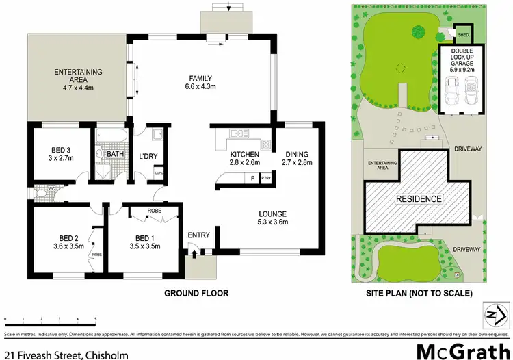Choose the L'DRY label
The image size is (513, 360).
pyautogui.click(x=148, y=157)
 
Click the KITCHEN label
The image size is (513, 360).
pyautogui.click(x=244, y=154)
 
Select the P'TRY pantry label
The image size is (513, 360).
pyautogui.click(x=266, y=179)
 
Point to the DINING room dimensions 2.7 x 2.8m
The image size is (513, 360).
pyautogui.click(x=297, y=163)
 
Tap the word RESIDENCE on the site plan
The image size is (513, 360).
pyautogui.click(x=418, y=199)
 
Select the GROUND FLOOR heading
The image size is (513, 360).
pyautogui.click(x=196, y=293)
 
